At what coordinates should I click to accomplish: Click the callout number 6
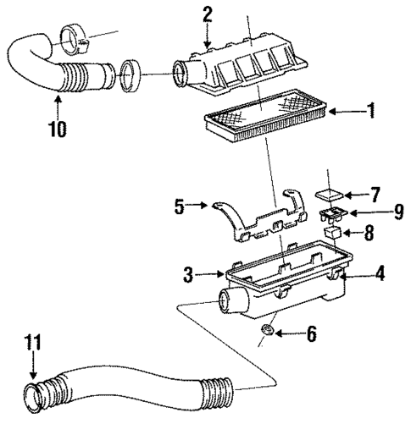tap(311, 335)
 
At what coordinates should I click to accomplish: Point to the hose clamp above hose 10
tap(75, 38)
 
